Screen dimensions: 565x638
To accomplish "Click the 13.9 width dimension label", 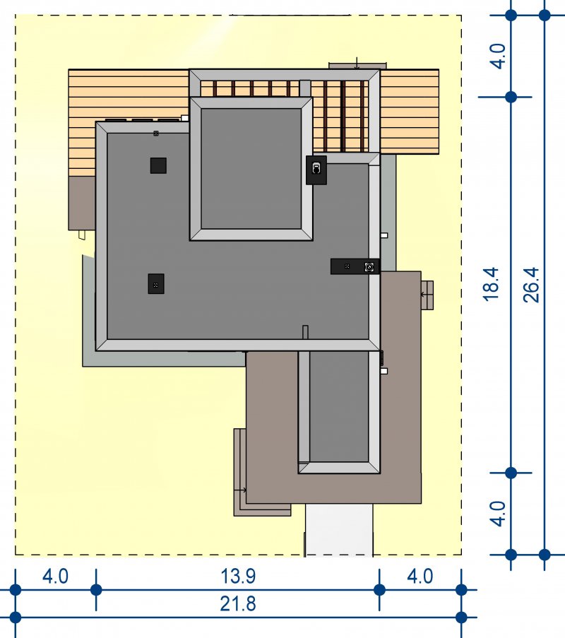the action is (238, 576).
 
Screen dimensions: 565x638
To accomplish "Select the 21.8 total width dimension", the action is (238, 604).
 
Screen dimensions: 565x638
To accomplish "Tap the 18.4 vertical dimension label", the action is (491, 284).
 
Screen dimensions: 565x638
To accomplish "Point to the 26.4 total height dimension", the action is (531, 285).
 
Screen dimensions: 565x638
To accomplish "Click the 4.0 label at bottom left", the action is (55, 577).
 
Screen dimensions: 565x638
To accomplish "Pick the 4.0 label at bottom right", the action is (420, 577).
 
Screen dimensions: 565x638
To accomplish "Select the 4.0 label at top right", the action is (498, 56).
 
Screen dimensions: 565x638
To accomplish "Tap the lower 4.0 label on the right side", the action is (498, 514).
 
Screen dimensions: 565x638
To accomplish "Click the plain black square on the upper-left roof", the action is (158, 165).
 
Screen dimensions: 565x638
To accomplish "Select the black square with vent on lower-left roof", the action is (156, 283).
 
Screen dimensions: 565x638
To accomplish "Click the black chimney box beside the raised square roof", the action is (316, 170).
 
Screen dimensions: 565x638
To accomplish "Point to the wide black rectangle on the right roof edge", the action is (355, 266).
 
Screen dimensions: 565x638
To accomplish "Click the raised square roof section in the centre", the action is (251, 168).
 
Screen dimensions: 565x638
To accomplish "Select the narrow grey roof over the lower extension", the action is (339, 412).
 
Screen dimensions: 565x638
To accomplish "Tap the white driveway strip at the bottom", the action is (339, 530).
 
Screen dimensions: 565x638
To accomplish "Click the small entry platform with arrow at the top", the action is (357, 66).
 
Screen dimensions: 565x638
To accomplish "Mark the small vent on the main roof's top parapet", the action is (156, 133).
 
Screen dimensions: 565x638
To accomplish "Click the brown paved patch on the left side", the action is (82, 203).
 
